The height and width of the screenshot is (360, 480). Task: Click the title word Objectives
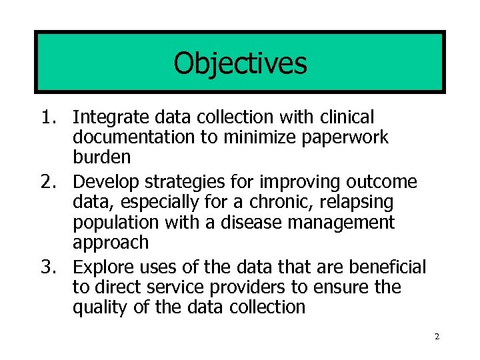coord(240,64)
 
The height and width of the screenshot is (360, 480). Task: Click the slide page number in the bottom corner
coord(437,337)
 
